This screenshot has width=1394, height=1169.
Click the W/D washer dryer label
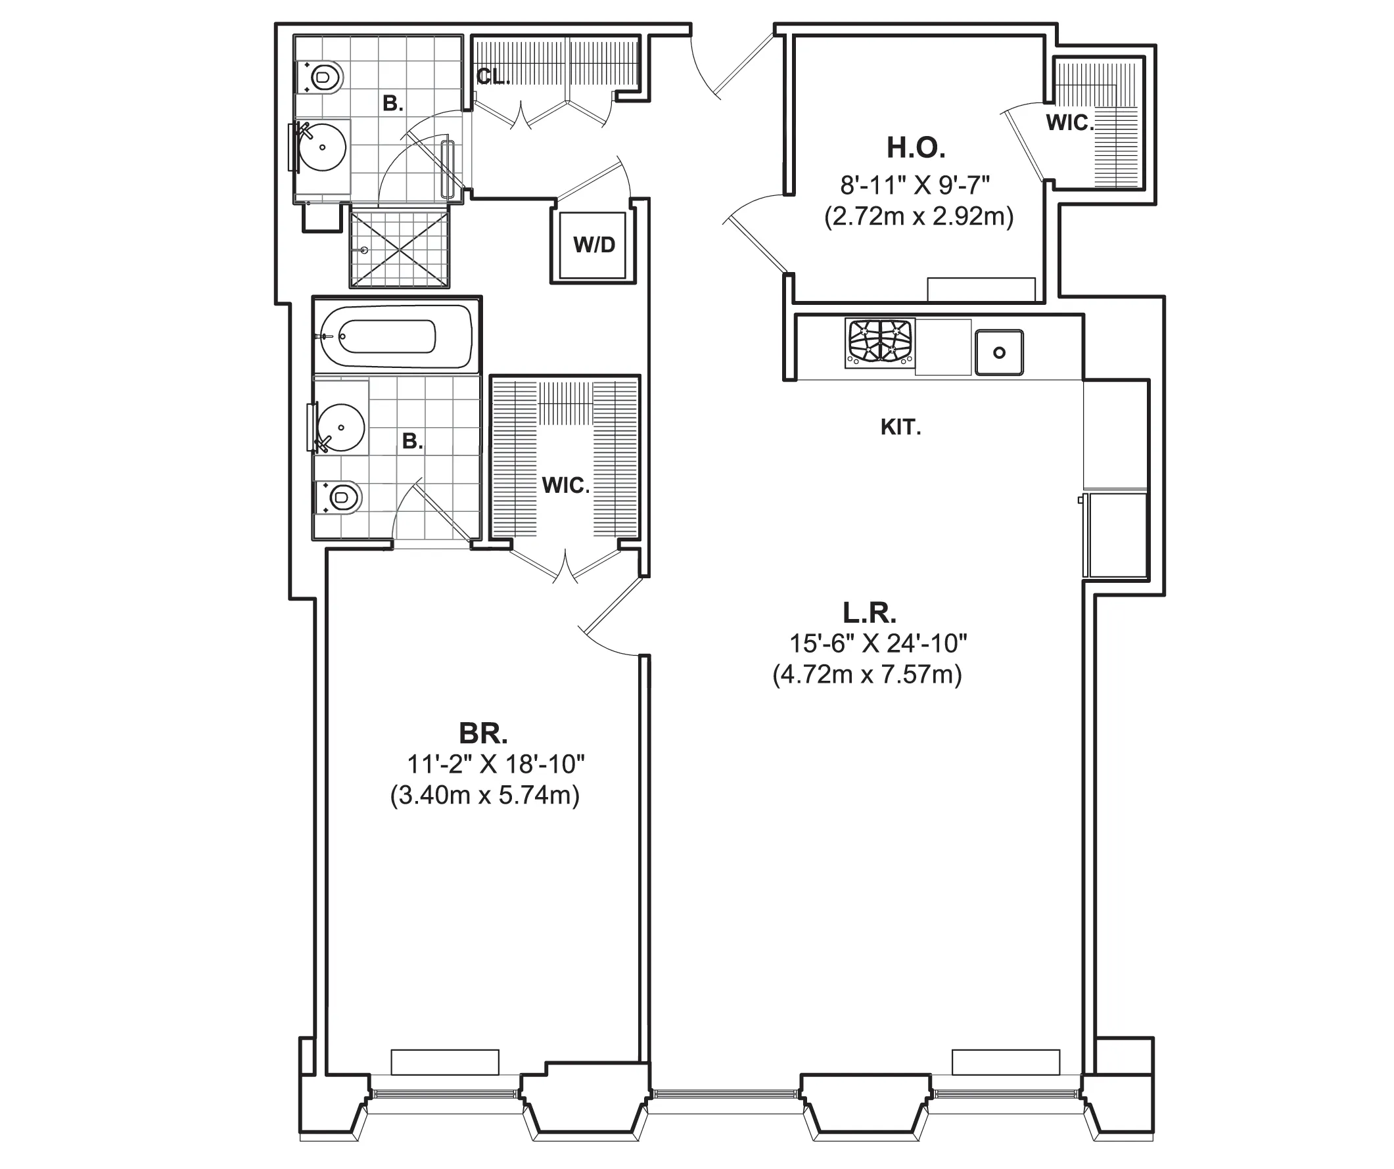pos(594,245)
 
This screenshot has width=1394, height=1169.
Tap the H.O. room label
pos(916,147)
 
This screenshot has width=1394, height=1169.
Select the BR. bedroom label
pos(483,733)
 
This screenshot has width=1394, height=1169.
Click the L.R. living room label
pos(869,612)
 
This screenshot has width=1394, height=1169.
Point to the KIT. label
pos(900,428)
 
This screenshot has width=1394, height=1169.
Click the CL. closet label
pos(492,77)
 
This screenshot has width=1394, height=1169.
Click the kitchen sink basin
pos(998,352)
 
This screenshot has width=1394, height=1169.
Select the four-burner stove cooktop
pos(880,342)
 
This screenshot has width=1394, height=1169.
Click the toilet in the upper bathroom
pos(323,78)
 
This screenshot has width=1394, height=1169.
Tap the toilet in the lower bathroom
pos(340,497)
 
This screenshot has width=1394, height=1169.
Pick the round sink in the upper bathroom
pos(322,147)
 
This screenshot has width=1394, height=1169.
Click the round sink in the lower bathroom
pos(340,428)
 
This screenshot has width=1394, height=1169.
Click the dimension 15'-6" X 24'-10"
pos(877,643)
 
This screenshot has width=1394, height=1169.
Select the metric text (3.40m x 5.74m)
pos(484,794)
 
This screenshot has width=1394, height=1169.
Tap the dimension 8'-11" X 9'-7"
pos(915,185)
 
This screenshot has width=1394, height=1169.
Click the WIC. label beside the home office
pos(1069,123)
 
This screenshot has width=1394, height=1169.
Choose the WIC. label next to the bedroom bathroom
pos(565,486)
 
